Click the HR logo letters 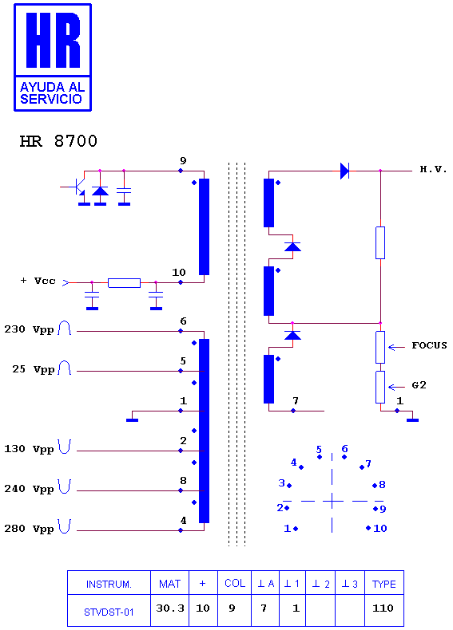54,40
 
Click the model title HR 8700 58,141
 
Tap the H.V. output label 433,169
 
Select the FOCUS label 429,345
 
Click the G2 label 419,385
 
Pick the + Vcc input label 38,281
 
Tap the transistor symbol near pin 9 78,189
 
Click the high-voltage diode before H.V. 344,171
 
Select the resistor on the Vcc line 124,283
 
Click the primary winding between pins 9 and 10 205,226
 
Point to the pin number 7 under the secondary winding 296,400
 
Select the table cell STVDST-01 109,612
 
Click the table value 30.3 170,608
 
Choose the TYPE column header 383,585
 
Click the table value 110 383,608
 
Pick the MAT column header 169,584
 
